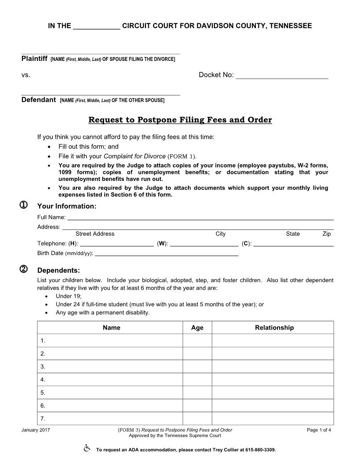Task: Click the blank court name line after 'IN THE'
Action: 96,27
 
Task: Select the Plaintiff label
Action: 34,59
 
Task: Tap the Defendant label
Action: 39,100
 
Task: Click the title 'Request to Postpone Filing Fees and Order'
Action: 180,120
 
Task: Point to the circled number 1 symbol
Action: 24,205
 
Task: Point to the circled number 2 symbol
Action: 24,270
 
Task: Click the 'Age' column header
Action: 197,327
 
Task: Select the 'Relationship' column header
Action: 274,327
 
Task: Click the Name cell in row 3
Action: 110,366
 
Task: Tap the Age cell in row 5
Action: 197,392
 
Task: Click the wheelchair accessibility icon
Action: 87,449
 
